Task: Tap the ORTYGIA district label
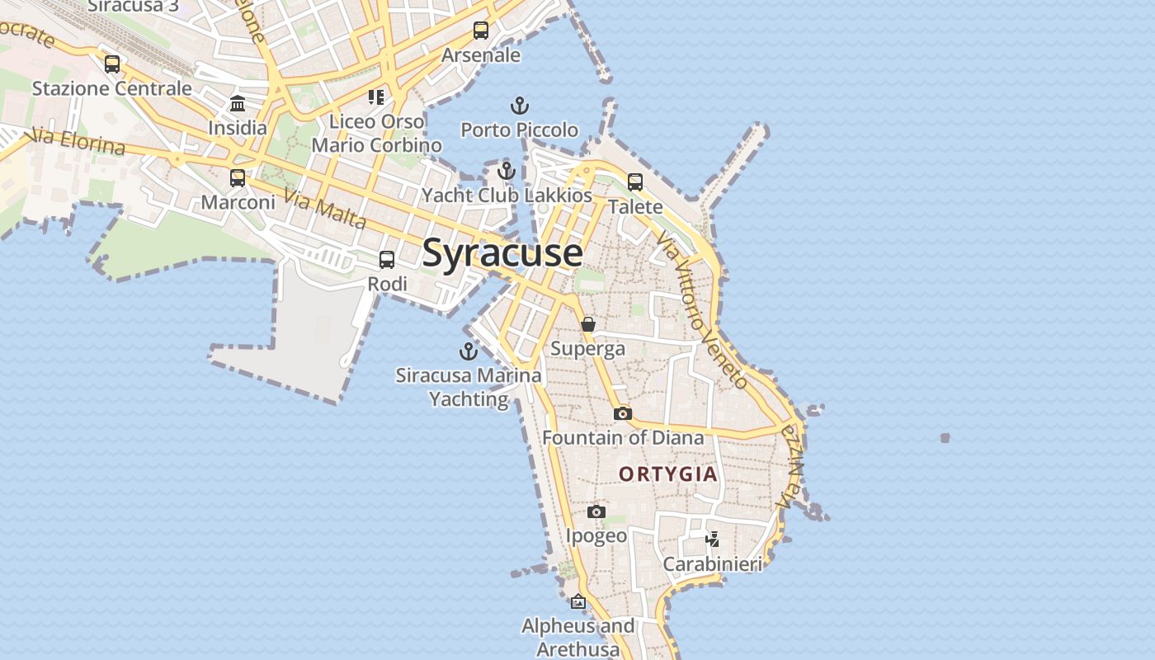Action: click(x=668, y=474)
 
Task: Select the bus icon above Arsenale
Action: click(x=481, y=31)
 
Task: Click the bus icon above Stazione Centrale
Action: click(x=112, y=64)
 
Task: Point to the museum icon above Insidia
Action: click(x=238, y=103)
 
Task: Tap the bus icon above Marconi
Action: click(x=238, y=177)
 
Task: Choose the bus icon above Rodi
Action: click(x=387, y=259)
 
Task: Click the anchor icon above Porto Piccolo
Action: click(x=520, y=106)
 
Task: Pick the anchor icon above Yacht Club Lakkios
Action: click(x=507, y=171)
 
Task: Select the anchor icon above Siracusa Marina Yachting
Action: click(x=469, y=351)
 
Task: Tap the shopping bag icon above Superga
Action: click(x=588, y=324)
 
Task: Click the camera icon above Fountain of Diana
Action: click(x=623, y=413)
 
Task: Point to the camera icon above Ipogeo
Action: click(x=596, y=511)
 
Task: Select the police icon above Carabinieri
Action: click(x=713, y=540)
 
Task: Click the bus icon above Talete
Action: click(x=635, y=182)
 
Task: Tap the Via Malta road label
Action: click(x=325, y=210)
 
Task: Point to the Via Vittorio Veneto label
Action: click(x=702, y=309)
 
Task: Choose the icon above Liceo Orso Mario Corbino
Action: click(x=376, y=97)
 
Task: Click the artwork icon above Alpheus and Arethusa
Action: click(x=578, y=601)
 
